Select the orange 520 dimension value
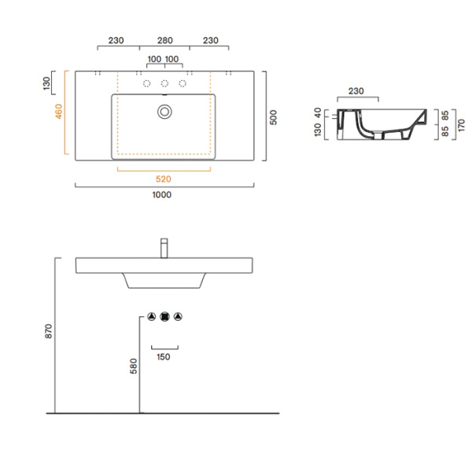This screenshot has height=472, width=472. click(x=164, y=179)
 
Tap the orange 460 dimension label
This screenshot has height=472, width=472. click(x=58, y=115)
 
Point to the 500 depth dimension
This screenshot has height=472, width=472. click(x=273, y=116)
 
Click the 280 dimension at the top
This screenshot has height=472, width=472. click(x=164, y=39)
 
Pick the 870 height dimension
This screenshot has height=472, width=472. click(x=48, y=331)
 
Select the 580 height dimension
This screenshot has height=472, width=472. click(x=133, y=366)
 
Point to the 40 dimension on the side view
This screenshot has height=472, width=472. click(x=318, y=113)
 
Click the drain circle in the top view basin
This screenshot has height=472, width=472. click(x=164, y=112)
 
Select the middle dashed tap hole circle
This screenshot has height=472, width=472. click(x=164, y=83)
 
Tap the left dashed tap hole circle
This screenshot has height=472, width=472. click(x=146, y=83)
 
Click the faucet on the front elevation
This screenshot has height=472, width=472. click(x=164, y=247)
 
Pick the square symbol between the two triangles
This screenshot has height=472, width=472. click(x=164, y=317)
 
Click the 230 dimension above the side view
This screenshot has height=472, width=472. click(x=356, y=91)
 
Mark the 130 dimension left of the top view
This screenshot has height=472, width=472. click(x=47, y=81)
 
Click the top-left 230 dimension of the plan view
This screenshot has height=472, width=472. click(x=116, y=39)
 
